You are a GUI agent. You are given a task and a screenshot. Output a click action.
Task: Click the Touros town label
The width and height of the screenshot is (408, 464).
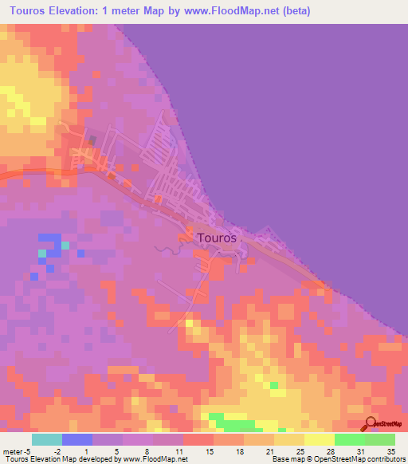[x=216, y=238]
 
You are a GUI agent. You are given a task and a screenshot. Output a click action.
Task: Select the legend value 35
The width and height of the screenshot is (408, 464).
[x=390, y=450]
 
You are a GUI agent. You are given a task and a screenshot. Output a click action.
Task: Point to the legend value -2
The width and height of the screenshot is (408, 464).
[x=57, y=450]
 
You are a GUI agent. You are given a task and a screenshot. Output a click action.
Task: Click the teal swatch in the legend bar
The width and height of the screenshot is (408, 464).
[x=46, y=439]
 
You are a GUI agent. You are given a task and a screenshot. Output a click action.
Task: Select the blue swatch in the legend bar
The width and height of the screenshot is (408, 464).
[x=76, y=439]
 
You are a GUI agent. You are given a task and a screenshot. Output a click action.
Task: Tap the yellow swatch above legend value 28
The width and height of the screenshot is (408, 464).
[x=319, y=439]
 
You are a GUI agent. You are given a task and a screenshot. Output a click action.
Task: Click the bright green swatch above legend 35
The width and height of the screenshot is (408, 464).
[x=379, y=439]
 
